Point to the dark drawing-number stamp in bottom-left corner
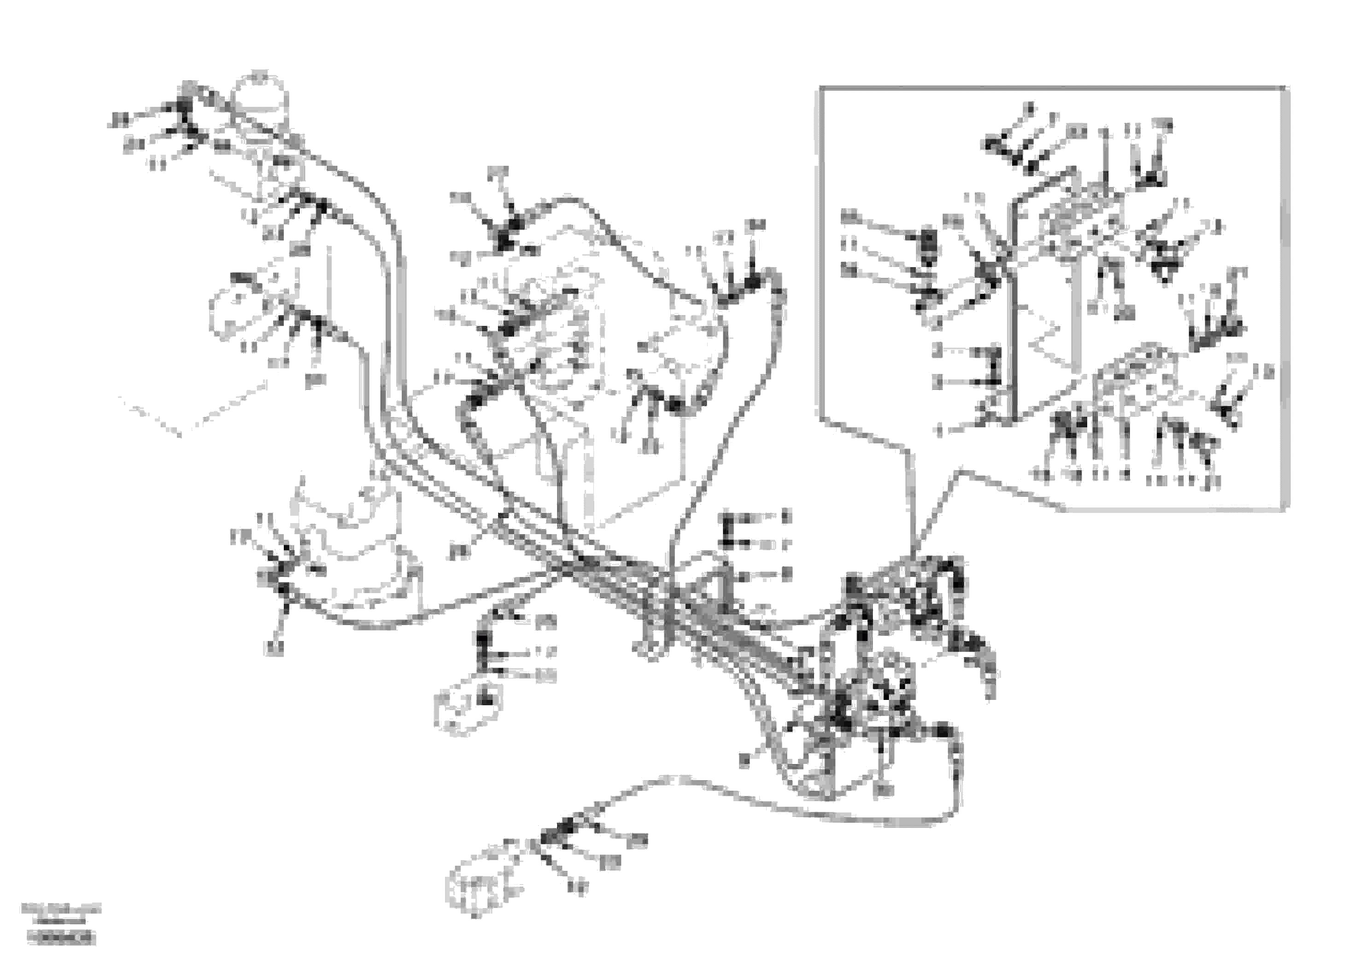(61, 939)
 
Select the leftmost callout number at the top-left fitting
(119, 121)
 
